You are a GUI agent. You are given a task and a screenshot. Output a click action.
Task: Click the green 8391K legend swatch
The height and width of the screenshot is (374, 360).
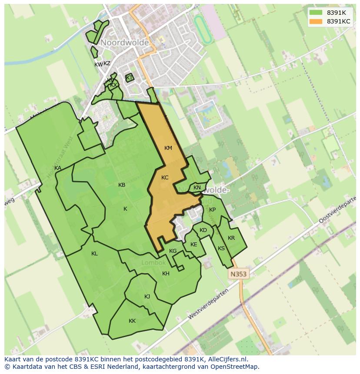pyautogui.click(x=316, y=13)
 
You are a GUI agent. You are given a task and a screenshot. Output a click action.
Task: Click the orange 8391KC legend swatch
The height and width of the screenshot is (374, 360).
pyautogui.click(x=316, y=21)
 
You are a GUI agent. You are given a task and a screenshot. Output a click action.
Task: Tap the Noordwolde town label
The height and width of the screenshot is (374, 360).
pyautogui.click(x=125, y=43)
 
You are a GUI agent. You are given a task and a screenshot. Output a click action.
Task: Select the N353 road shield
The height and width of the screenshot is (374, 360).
pyautogui.click(x=238, y=274)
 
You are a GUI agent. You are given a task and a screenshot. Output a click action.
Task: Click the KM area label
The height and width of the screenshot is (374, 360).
pyautogui.click(x=168, y=148)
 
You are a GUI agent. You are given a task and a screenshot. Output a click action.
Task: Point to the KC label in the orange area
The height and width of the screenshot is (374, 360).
pyautogui.click(x=165, y=178)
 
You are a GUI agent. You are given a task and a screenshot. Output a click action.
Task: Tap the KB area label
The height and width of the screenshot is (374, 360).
pyautogui.click(x=122, y=185)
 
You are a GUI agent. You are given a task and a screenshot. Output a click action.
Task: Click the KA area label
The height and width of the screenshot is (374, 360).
pyautogui.click(x=58, y=168)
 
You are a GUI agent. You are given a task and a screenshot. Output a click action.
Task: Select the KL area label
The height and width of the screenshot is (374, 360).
pyautogui.click(x=94, y=254)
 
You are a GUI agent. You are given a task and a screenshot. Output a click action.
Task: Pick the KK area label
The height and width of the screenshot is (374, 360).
pyautogui.click(x=132, y=321)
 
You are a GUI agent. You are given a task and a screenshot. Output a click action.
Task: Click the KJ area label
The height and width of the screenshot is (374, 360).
pyautogui.click(x=147, y=297)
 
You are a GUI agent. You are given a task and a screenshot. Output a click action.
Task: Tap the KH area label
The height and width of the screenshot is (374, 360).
pyautogui.click(x=166, y=274)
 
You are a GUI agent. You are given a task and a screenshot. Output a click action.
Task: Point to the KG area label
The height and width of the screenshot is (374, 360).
pyautogui.click(x=173, y=251)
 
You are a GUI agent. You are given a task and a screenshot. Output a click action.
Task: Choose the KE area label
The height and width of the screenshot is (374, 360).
pyautogui.click(x=194, y=245)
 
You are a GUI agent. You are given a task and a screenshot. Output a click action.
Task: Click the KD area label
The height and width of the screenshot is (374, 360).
pyautogui.click(x=203, y=230)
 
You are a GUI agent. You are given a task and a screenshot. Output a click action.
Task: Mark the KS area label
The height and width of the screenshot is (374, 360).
pyautogui.click(x=221, y=248)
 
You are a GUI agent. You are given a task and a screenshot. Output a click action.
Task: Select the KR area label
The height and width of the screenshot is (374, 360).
pyautogui.click(x=231, y=238)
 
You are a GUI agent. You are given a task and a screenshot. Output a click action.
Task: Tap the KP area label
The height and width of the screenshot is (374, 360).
pyautogui.click(x=212, y=210)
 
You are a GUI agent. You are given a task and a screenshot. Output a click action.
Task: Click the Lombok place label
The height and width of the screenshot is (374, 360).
pyautogui.click(x=153, y=263)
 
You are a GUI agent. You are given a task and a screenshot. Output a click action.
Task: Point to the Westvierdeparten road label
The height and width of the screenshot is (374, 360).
pyautogui.click(x=208, y=304)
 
